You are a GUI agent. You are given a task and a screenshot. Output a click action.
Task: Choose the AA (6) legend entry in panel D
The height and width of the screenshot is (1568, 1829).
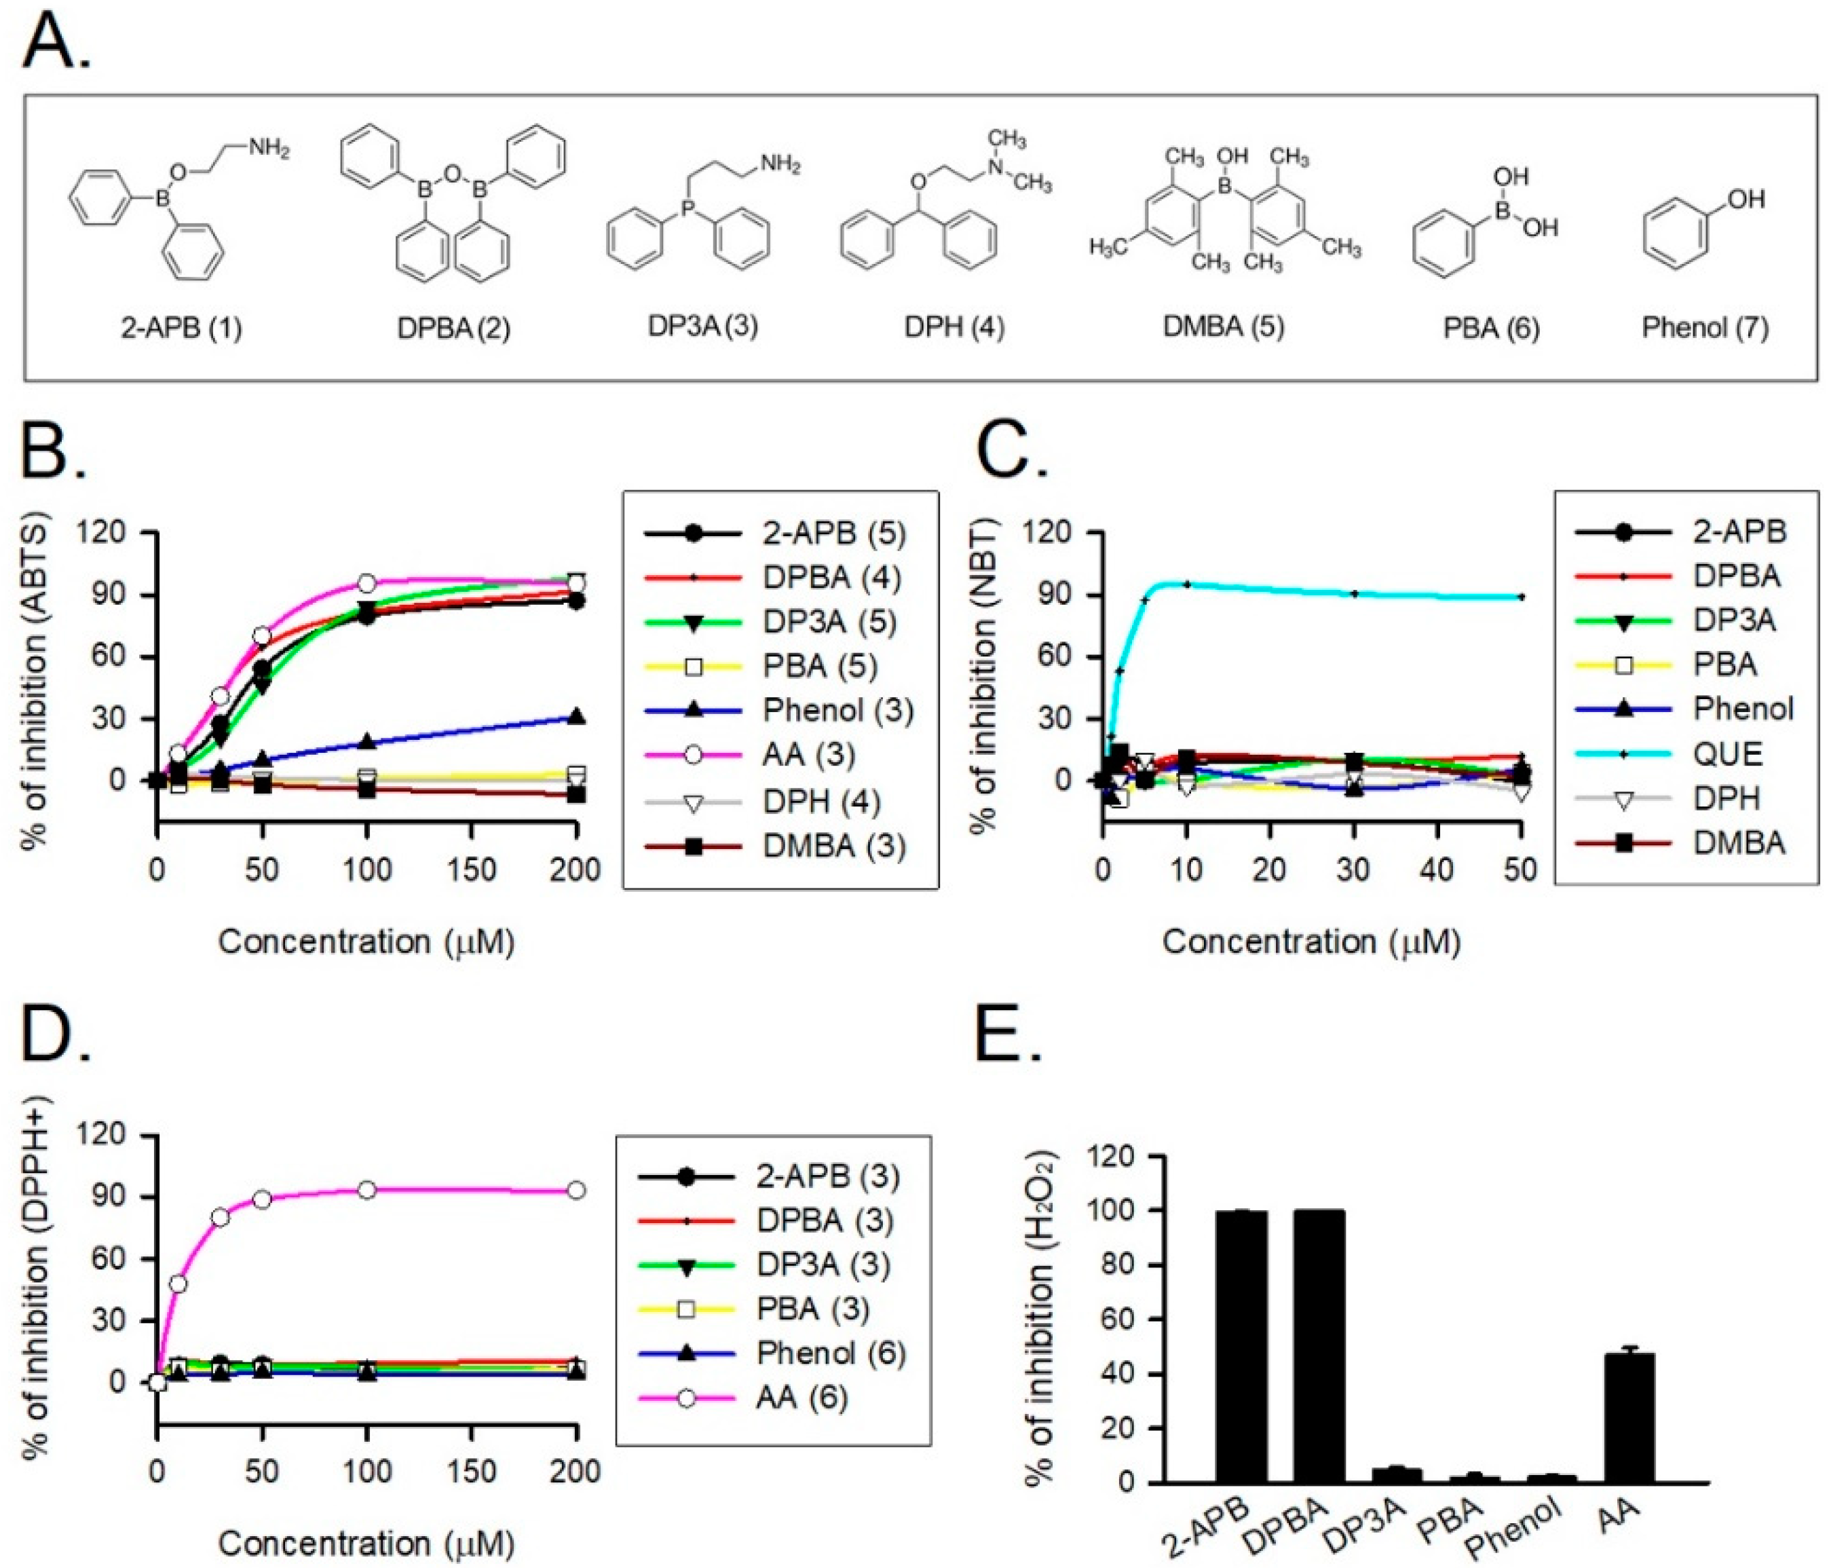click(x=802, y=1398)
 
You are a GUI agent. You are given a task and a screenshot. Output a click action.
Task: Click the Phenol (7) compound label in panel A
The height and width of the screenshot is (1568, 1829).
click(x=1705, y=329)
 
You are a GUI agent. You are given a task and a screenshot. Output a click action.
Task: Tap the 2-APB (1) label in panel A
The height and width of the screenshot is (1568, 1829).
click(x=181, y=329)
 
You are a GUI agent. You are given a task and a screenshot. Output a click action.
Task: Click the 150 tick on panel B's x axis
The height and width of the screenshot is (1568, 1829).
click(x=472, y=870)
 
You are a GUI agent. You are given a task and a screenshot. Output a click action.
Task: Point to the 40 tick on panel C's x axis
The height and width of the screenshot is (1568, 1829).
click(x=1436, y=870)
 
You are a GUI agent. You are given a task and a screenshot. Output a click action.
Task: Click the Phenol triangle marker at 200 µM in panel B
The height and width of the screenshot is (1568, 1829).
click(x=576, y=717)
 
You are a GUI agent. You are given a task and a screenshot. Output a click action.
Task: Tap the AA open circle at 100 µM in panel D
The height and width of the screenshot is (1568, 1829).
click(x=367, y=1190)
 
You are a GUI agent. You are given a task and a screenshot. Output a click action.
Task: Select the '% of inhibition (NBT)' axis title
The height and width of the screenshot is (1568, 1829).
click(x=984, y=675)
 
